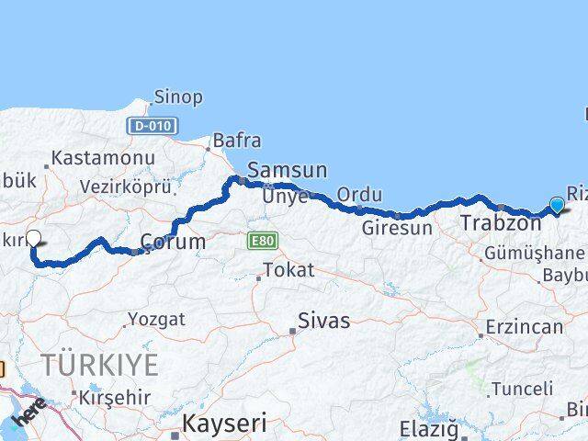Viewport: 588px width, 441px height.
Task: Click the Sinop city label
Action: tap(178, 96)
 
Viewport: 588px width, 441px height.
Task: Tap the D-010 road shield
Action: tap(153, 126)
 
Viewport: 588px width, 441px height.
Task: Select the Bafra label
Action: tap(236, 141)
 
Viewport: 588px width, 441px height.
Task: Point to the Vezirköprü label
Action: tap(126, 187)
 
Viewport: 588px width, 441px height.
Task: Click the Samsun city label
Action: tap(287, 170)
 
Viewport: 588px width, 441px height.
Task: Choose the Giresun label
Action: tap(397, 228)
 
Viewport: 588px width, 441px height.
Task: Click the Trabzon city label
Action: tap(501, 223)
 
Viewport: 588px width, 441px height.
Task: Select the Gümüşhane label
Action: tap(539, 252)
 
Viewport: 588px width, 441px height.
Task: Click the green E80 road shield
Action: tap(259, 241)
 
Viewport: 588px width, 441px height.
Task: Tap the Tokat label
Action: tap(288, 270)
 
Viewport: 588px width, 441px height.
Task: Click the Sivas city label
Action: tap(322, 322)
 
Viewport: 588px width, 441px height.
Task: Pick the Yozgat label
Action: tap(156, 320)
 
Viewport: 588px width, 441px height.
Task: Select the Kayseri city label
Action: tap(224, 424)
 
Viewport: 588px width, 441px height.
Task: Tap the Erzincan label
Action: tap(525, 327)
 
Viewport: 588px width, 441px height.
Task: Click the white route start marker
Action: tap(34, 238)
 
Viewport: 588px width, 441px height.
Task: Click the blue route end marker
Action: tap(557, 204)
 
